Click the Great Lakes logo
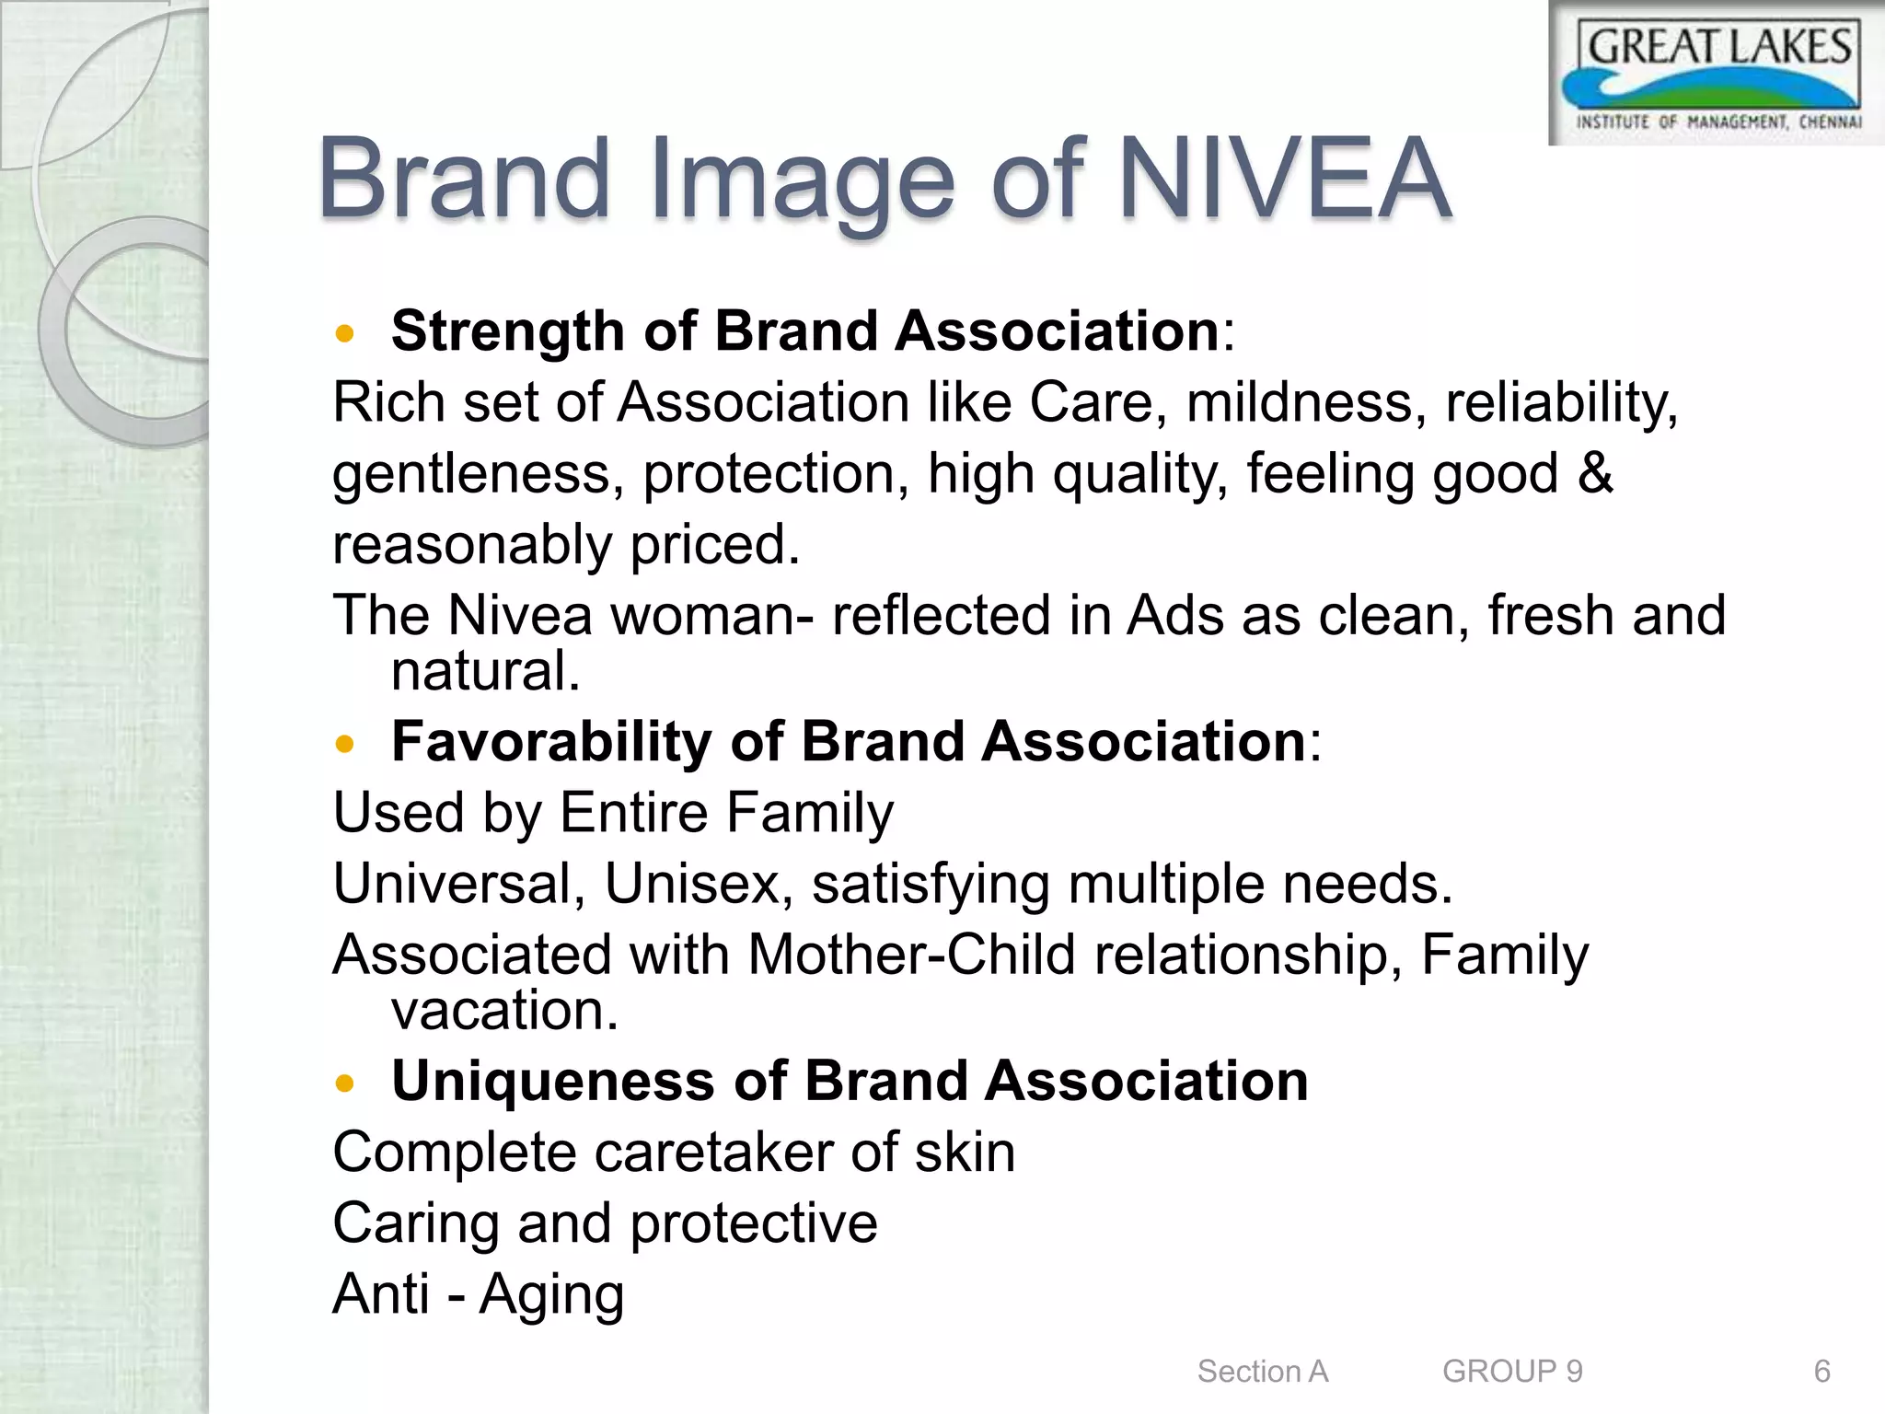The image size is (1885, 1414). [x=1717, y=74]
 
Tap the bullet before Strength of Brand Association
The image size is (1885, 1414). [x=345, y=333]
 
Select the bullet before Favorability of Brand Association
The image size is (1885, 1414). [x=345, y=744]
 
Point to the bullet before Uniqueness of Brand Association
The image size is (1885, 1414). [x=345, y=1084]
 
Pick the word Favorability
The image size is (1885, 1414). [x=550, y=742]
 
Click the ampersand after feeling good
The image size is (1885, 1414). [x=1595, y=474]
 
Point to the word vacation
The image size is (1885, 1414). [x=504, y=1011]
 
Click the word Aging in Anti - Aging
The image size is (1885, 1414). [x=551, y=1294]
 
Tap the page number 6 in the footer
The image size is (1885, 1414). [x=1821, y=1371]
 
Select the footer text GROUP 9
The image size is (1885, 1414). [x=1512, y=1371]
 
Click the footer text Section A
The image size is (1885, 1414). [x=1262, y=1371]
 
